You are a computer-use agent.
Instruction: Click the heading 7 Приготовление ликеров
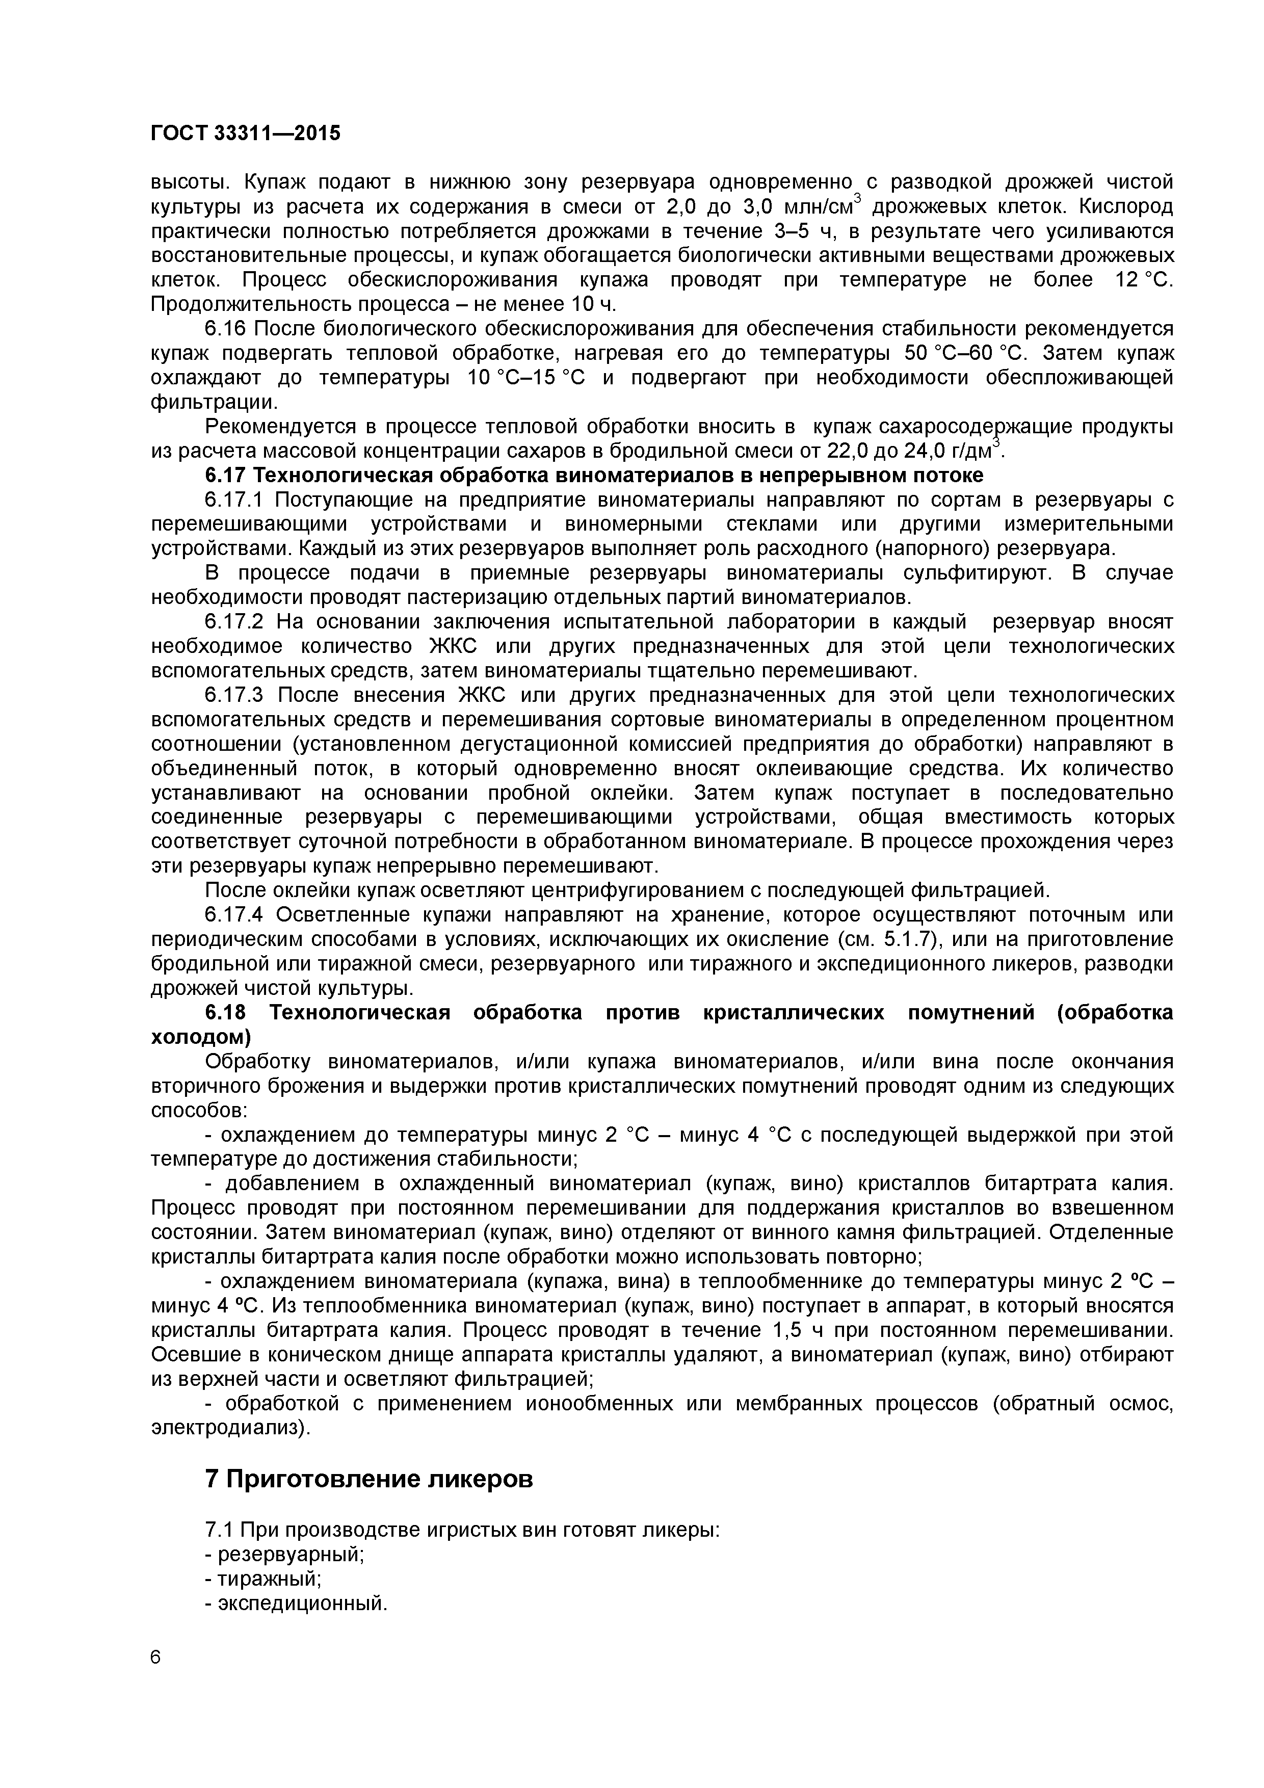[x=369, y=1478]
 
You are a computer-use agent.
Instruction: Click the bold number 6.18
[x=225, y=1012]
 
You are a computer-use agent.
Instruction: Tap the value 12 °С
[x=1143, y=280]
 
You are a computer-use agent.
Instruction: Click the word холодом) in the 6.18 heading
[x=201, y=1037]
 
